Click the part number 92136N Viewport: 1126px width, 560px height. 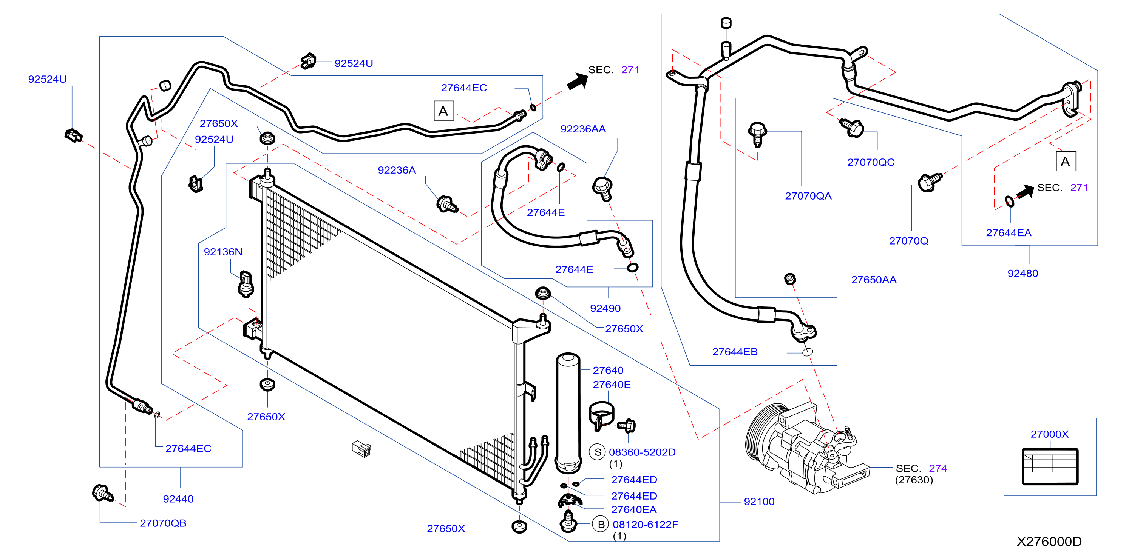[x=223, y=252]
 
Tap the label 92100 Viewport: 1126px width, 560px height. [x=759, y=502]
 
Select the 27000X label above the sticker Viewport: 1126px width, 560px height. [x=1049, y=434]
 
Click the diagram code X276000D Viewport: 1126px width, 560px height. [x=1049, y=542]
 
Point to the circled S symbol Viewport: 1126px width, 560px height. [x=597, y=452]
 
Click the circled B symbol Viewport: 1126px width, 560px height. [x=601, y=524]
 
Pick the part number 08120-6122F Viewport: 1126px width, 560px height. [x=645, y=524]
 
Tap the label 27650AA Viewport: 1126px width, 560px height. [x=873, y=280]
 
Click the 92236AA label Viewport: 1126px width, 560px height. [x=583, y=129]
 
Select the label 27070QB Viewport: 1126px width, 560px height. [x=163, y=523]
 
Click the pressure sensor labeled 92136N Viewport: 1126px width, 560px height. [x=246, y=284]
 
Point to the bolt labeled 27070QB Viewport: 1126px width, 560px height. [x=103, y=493]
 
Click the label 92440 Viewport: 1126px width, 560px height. [x=178, y=499]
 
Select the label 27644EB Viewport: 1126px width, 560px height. [x=735, y=352]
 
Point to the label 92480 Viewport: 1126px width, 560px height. [x=1023, y=274]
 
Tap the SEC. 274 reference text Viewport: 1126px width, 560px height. [x=921, y=468]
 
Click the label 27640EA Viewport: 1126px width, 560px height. [x=634, y=509]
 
